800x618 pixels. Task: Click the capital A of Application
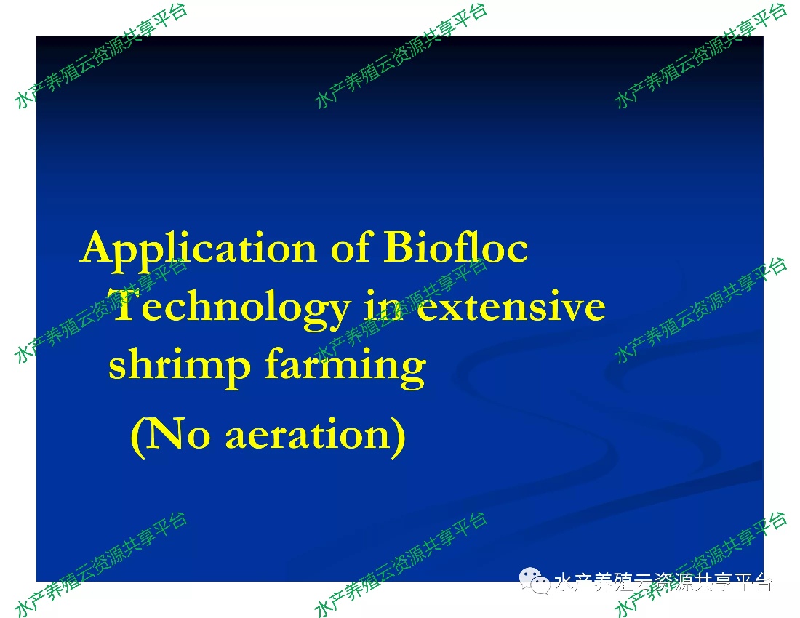[99, 246]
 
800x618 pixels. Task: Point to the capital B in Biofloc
[400, 246]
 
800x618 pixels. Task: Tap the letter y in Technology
[335, 315]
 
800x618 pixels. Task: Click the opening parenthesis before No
[137, 437]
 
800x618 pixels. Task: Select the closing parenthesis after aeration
[398, 437]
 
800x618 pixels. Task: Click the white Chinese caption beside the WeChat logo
[663, 582]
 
